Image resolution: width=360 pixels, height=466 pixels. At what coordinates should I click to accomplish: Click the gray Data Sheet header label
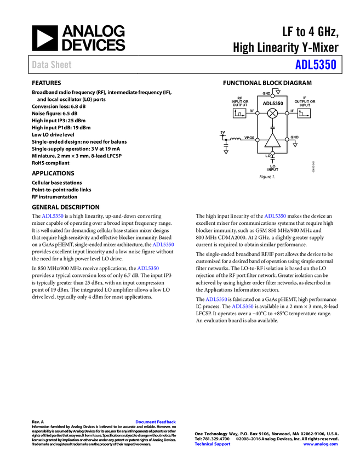(x=52, y=65)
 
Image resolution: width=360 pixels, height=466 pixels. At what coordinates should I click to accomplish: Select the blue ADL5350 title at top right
(x=316, y=65)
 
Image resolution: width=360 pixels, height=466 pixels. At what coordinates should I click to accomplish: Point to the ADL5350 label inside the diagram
(x=272, y=104)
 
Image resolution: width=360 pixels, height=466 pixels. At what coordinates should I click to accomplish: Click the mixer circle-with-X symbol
(x=272, y=113)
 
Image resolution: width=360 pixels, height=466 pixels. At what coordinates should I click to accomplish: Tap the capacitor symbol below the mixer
(x=272, y=127)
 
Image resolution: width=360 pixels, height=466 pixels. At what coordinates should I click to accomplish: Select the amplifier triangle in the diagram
(x=272, y=141)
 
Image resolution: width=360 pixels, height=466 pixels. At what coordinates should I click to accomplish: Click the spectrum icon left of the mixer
(x=239, y=113)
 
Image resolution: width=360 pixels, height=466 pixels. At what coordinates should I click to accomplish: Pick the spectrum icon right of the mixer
(x=304, y=113)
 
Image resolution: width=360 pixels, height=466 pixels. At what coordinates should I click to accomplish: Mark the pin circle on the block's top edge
(x=272, y=96)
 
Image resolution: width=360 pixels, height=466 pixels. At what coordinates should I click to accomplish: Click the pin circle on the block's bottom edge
(x=272, y=153)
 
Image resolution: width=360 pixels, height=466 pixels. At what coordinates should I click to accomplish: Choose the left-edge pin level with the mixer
(x=258, y=113)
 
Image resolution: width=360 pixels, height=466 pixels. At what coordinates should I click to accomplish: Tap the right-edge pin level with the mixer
(x=287, y=113)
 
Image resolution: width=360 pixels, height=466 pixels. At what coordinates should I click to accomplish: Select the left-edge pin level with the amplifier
(x=258, y=140)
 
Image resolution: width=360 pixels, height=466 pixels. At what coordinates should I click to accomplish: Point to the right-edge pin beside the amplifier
(x=287, y=139)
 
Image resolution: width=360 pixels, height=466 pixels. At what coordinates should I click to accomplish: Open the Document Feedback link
(x=156, y=422)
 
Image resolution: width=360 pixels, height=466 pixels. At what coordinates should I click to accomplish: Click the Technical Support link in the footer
(x=213, y=444)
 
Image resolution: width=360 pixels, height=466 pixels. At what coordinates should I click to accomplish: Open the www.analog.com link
(x=321, y=444)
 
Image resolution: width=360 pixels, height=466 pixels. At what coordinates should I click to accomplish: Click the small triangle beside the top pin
(x=278, y=92)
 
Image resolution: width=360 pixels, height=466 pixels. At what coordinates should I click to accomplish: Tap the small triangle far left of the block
(x=226, y=152)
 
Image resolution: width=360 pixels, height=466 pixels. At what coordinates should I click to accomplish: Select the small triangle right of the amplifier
(x=295, y=145)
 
